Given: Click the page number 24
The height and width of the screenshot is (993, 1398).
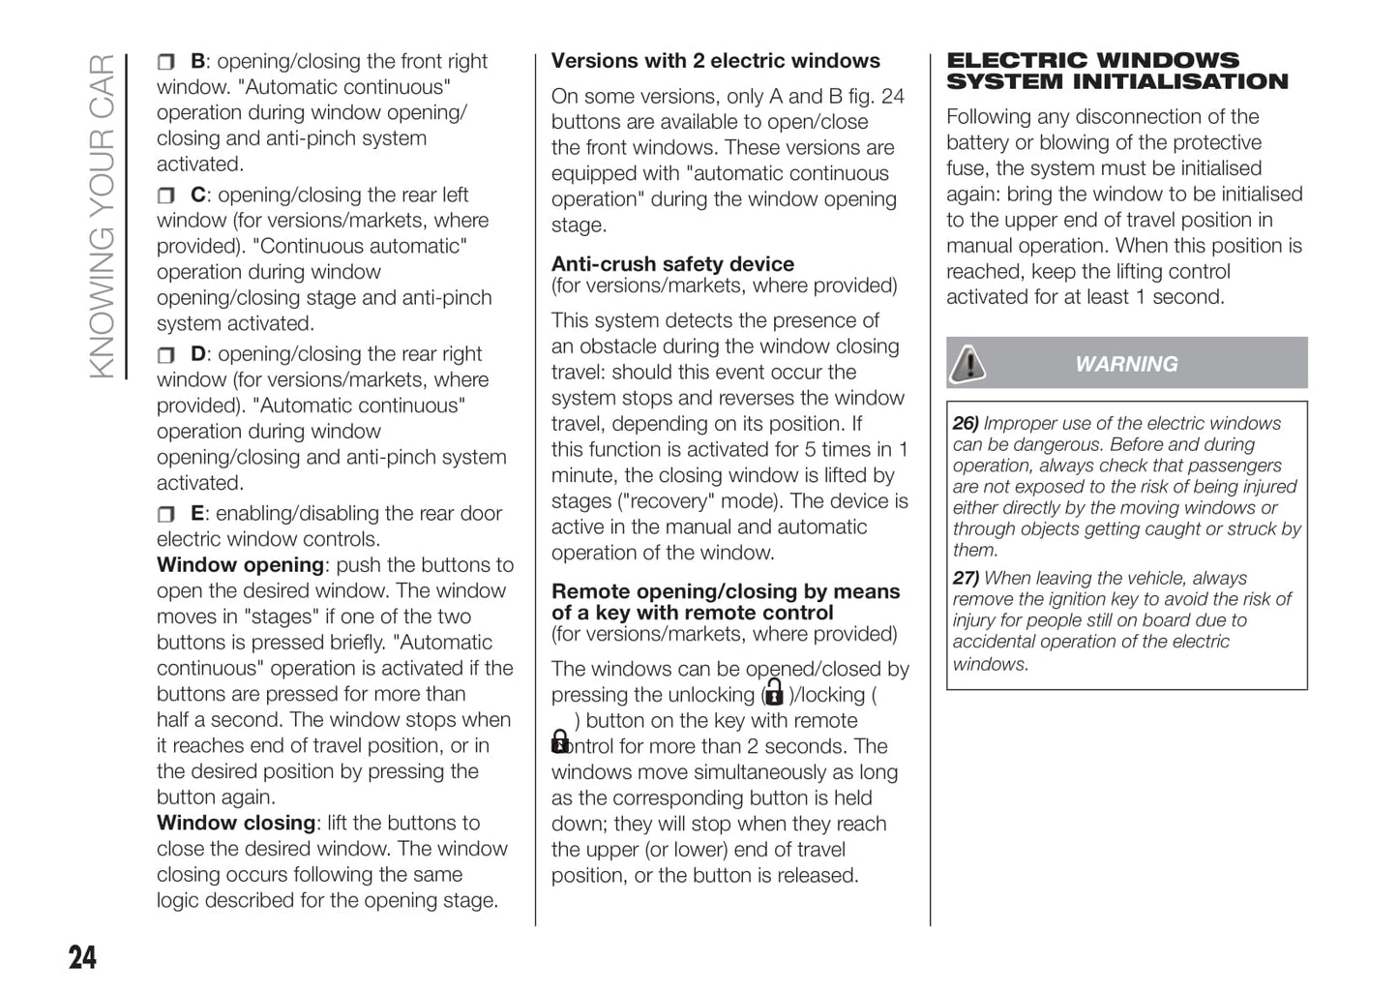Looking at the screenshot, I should [83, 957].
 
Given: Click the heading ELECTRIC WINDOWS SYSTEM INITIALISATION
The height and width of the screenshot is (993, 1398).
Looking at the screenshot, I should [1116, 72].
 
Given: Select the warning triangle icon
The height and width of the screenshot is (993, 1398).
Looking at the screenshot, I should [967, 364].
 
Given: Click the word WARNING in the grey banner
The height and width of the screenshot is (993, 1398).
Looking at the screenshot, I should [1126, 365].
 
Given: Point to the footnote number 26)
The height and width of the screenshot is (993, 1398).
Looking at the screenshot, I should [966, 424].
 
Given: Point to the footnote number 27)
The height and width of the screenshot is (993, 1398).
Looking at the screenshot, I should [966, 579].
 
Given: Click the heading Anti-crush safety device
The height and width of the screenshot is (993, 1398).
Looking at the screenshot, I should [672, 264].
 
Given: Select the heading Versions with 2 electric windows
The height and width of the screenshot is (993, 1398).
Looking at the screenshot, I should [715, 61].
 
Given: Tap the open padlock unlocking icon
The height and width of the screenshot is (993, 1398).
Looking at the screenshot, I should [773, 693].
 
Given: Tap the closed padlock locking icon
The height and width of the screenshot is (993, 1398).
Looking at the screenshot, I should [560, 741].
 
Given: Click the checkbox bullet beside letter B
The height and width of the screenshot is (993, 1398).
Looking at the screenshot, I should [165, 63].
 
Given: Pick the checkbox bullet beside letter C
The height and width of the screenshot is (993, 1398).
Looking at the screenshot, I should [165, 196].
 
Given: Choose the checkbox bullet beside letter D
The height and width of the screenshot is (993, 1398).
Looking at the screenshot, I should [165, 356].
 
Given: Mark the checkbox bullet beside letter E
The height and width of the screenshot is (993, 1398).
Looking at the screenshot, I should [165, 515].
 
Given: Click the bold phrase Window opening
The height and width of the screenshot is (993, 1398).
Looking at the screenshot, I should [240, 565].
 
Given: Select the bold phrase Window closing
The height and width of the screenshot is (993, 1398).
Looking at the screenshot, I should [236, 824].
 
